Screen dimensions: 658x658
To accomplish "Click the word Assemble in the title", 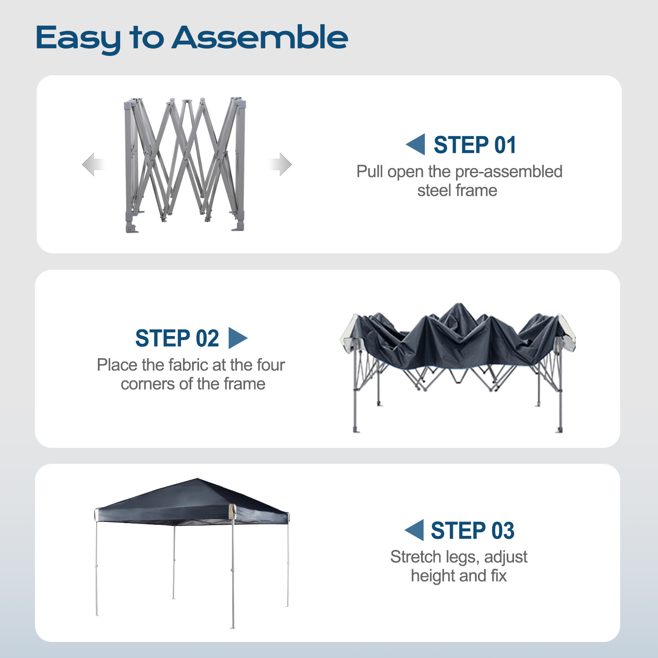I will [x=260, y=37].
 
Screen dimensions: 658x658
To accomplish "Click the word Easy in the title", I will [x=78, y=38].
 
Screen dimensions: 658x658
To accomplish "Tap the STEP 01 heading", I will [x=475, y=145].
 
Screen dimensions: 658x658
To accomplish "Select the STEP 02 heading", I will [x=177, y=338].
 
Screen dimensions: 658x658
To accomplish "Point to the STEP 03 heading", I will [x=473, y=531].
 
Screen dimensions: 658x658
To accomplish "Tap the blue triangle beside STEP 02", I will [x=237, y=338].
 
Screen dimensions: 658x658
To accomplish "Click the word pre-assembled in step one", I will [x=509, y=171].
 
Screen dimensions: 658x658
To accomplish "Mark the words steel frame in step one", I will [x=457, y=191].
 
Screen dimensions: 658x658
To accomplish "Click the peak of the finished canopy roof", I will [x=198, y=479].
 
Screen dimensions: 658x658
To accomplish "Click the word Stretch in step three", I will [x=415, y=557].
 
